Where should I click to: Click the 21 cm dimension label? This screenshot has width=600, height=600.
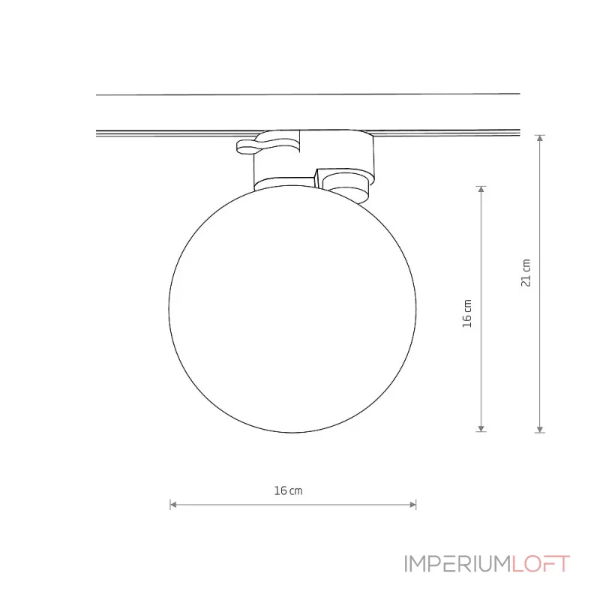tap(526, 272)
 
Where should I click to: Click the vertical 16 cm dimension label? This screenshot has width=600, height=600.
tap(467, 313)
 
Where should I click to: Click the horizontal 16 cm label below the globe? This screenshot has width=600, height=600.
tap(288, 490)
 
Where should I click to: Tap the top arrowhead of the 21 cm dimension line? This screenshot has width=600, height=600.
tap(539, 138)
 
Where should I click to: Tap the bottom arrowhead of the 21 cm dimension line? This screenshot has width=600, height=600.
tap(539, 429)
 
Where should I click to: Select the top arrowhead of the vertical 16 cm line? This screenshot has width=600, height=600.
tap(481, 190)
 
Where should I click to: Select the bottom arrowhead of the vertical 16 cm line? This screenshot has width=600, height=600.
tap(481, 428)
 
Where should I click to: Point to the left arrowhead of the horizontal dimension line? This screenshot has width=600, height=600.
tap(173, 505)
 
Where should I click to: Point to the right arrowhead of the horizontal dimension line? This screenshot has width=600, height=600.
tap(412, 505)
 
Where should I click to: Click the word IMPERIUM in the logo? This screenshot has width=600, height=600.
tap(457, 564)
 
